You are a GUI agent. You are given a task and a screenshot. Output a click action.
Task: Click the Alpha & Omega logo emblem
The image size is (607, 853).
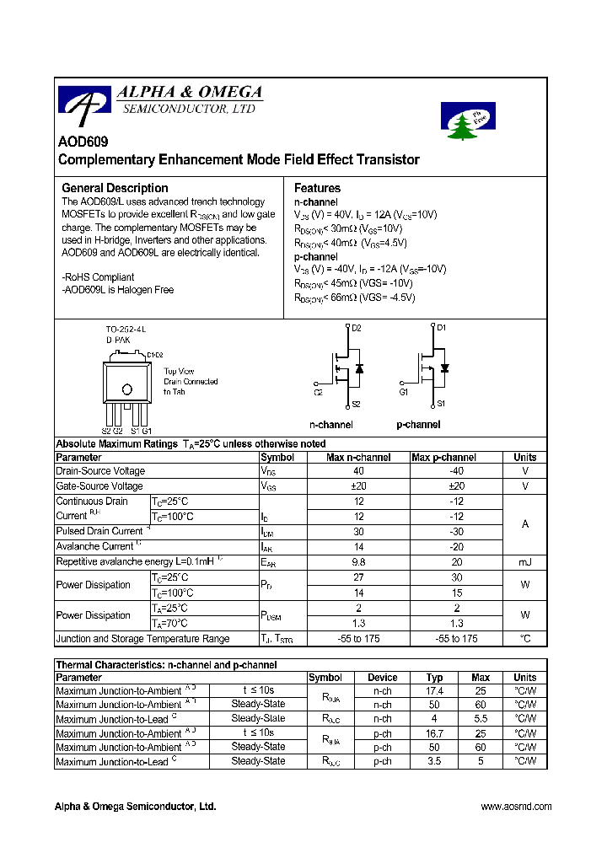[x=83, y=103]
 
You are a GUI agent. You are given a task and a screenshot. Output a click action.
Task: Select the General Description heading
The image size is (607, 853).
[x=115, y=188]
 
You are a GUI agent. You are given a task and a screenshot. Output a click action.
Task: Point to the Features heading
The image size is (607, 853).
[x=317, y=188]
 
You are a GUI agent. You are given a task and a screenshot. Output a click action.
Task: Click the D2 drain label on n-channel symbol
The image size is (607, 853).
[x=356, y=328]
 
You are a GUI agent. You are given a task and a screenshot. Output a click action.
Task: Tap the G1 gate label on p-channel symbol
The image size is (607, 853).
[x=403, y=392]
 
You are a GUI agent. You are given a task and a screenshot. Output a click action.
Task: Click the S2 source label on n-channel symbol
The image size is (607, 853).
[x=356, y=404]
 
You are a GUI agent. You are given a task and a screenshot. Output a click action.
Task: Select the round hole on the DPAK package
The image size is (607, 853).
[x=126, y=389]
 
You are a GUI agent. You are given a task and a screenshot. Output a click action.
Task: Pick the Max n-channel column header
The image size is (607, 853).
[x=358, y=458]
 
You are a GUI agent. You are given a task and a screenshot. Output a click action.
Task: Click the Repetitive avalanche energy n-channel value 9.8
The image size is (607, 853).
[x=358, y=561]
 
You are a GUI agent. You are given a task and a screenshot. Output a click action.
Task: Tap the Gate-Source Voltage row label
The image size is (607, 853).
[x=99, y=486]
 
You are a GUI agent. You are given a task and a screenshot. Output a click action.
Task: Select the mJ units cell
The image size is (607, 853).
[x=524, y=561]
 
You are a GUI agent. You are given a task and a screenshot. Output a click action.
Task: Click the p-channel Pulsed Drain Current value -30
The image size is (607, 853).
[x=456, y=532]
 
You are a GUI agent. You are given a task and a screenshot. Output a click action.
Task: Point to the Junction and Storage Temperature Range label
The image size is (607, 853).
[x=142, y=639]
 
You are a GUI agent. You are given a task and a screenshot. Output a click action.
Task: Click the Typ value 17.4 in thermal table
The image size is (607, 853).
[x=434, y=691]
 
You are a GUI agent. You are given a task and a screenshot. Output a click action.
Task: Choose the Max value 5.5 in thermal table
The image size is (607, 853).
[x=481, y=719]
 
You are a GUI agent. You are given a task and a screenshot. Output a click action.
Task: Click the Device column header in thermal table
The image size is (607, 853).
[x=383, y=678]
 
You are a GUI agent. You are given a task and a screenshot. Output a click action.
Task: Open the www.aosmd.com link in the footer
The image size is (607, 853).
[x=516, y=807]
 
